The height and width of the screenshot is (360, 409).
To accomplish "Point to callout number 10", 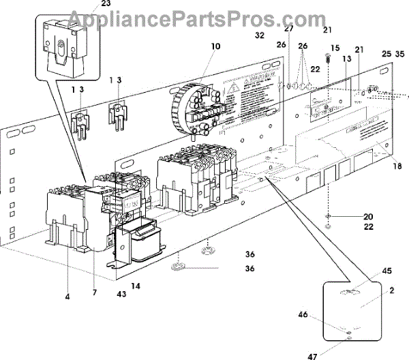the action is coord(216,47).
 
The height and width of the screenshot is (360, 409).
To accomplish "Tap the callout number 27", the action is coord(288,29).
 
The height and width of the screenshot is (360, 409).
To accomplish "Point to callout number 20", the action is coord(349,216).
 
